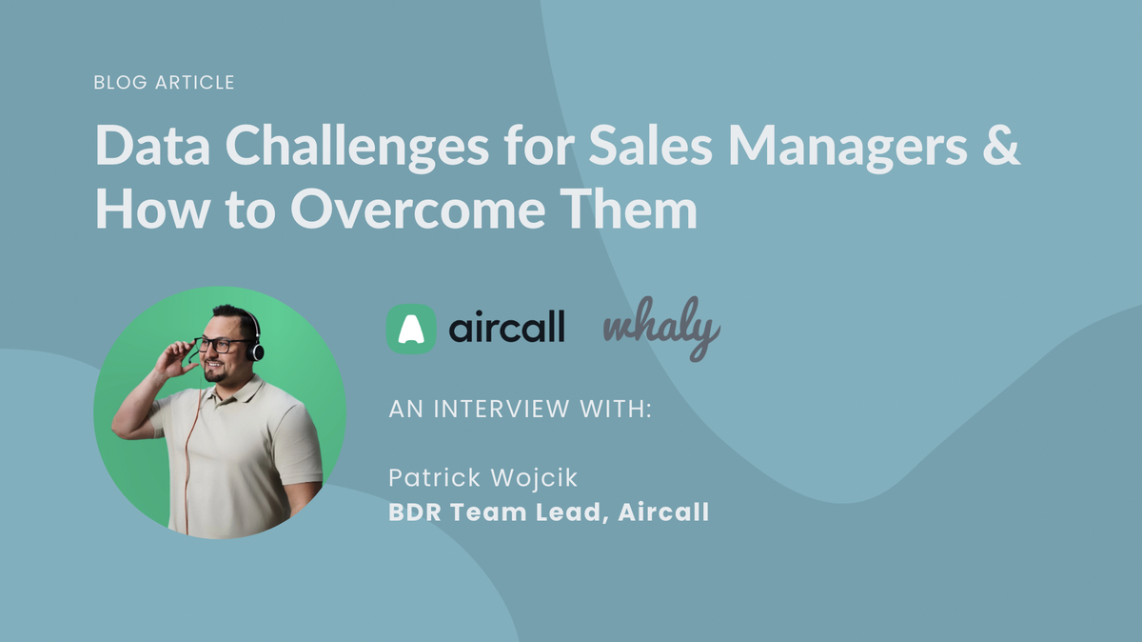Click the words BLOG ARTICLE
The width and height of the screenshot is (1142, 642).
pyautogui.click(x=164, y=83)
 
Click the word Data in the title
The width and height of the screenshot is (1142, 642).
pyautogui.click(x=150, y=150)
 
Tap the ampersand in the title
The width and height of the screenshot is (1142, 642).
pyautogui.click(x=1000, y=150)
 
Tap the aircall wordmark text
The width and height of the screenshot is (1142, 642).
pyautogui.click(x=507, y=329)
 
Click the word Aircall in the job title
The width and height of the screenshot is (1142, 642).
pyautogui.click(x=663, y=512)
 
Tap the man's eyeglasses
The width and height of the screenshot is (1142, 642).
pyautogui.click(x=219, y=345)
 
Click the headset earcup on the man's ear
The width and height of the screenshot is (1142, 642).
pyautogui.click(x=254, y=350)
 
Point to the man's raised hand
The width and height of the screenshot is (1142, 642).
pyautogui.click(x=173, y=359)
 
